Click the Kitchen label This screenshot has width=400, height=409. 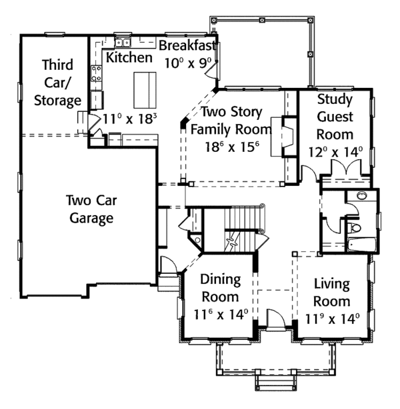coord(129,57)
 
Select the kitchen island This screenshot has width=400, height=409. coord(142,90)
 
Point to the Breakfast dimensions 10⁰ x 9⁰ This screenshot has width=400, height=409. coord(189,62)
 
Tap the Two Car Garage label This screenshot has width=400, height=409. coord(89,208)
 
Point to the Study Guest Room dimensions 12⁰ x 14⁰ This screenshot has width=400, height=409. coord(335,151)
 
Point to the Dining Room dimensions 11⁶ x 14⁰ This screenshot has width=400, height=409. coord(221,313)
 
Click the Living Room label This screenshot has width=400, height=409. coord(331,293)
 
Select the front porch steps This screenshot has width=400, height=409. coord(275,381)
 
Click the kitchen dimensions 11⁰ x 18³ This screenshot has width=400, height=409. coord(131,120)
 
